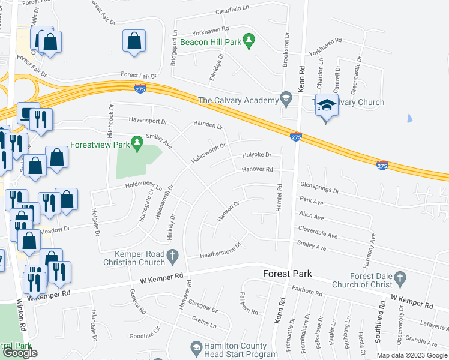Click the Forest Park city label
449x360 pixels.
point(288,274)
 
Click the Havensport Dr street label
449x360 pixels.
point(145,120)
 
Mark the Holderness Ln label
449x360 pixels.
point(144,185)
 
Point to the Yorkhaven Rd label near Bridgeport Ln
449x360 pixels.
point(209,28)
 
